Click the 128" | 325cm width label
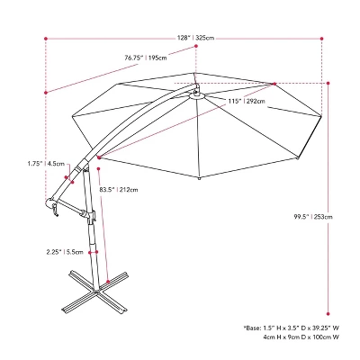tap(195, 37)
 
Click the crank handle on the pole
tap(54, 210)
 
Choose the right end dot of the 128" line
tap(321, 37)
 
